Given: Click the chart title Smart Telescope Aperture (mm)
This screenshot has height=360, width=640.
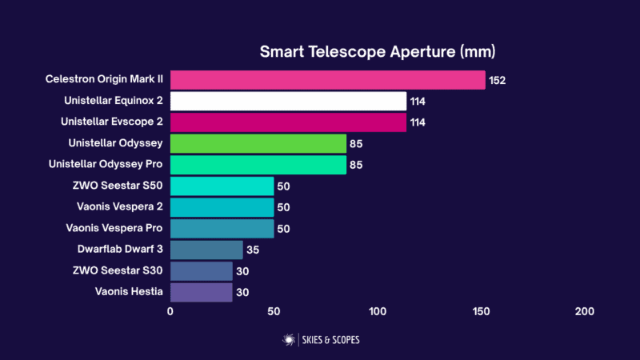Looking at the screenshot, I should (x=378, y=52).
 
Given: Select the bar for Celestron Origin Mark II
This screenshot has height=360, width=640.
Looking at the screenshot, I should (x=327, y=80).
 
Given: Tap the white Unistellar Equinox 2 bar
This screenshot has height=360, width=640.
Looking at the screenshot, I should (x=288, y=101).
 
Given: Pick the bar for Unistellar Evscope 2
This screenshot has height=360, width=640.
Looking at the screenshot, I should (x=288, y=122).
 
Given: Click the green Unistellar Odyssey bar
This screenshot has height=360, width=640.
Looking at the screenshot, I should (x=258, y=144).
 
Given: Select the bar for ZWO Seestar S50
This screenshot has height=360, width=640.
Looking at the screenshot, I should (x=222, y=186).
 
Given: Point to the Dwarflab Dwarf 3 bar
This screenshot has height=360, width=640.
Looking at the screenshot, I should (x=206, y=250).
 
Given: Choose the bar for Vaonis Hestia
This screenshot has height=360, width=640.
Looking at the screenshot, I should (x=201, y=292).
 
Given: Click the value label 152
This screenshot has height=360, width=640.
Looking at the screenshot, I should (x=498, y=80).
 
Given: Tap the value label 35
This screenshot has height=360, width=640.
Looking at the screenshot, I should (x=253, y=250).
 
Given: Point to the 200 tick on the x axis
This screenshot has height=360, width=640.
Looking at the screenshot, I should (x=585, y=311).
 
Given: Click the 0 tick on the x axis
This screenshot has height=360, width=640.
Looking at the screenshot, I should (x=170, y=311).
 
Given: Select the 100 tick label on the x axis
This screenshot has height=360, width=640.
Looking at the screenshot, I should (x=378, y=311).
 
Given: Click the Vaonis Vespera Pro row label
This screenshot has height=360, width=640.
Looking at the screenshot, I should (x=116, y=229).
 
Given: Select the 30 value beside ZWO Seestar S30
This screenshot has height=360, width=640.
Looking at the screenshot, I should (x=242, y=271).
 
